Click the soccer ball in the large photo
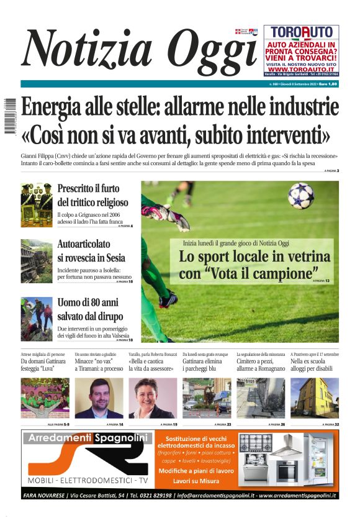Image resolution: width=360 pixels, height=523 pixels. (x=300, y=195)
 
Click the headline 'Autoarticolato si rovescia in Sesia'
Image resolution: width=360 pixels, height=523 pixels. (x=91, y=252)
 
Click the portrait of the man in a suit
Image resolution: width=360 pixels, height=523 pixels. (x=99, y=398)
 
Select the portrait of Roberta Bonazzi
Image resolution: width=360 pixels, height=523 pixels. (x=152, y=398)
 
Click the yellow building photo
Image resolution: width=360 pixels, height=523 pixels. (x=315, y=398)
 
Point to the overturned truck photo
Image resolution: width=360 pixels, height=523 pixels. (x=36, y=261)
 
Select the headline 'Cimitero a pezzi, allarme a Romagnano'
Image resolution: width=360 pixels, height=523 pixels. (x=261, y=365)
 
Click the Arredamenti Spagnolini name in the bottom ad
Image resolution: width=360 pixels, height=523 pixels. (x=87, y=439)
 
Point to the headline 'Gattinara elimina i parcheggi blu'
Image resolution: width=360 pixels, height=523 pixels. (x=207, y=365)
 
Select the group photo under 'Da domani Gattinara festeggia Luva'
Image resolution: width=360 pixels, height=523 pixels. (x=45, y=398)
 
